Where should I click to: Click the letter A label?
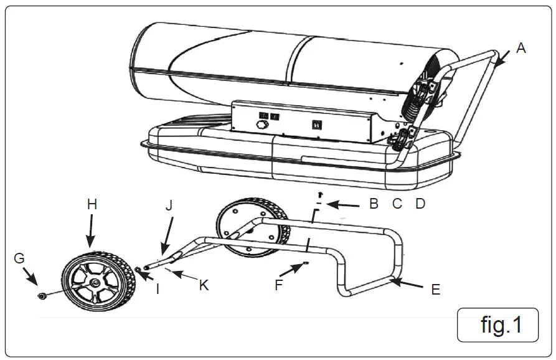coord(521,48)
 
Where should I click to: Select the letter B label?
coord(374,204)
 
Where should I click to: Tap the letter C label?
coord(397,204)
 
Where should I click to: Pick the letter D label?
coord(420,204)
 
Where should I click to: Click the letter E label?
coord(436,289)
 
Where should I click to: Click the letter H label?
coord(92,204)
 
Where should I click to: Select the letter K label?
coord(204,285)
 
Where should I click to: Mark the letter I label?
coord(158,289)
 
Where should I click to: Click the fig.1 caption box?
coord(497,324)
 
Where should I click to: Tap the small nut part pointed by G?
coord(41,295)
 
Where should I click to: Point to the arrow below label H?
coord(91,233)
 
